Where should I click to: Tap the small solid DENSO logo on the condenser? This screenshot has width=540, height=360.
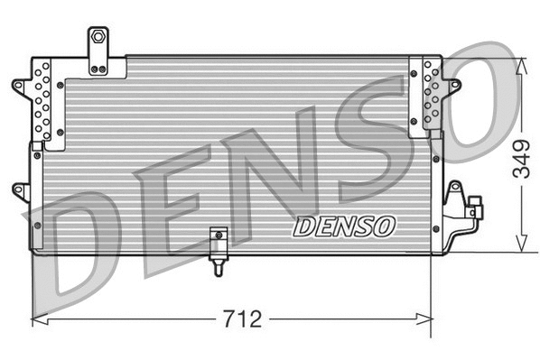tap(343, 224)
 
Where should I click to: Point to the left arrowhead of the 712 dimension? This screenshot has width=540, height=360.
tap(37, 318)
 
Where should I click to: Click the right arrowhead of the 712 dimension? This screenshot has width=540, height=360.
tap(429, 318)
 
